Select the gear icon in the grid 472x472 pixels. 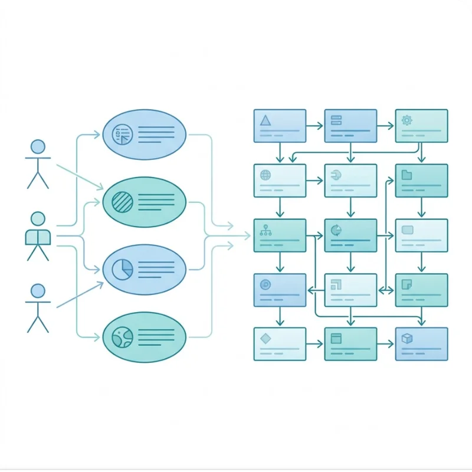[x=407, y=120]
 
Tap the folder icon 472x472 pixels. [x=407, y=175]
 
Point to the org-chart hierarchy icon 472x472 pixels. [x=265, y=230]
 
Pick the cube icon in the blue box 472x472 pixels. [x=407, y=338]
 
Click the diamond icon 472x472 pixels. [x=265, y=338]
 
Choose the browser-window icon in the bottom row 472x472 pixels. [x=336, y=339]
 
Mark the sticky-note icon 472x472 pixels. [x=407, y=284]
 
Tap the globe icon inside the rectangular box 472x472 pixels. [x=265, y=175]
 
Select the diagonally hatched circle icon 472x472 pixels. [x=123, y=202]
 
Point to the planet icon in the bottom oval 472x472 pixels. [x=123, y=337]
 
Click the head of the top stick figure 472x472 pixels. [x=38, y=146]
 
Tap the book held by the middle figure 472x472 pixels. [x=38, y=237]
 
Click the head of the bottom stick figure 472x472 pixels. [x=38, y=290]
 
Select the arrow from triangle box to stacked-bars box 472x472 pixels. [x=315, y=126]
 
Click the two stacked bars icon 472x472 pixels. [x=336, y=120]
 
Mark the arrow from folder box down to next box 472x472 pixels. [x=421, y=207]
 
